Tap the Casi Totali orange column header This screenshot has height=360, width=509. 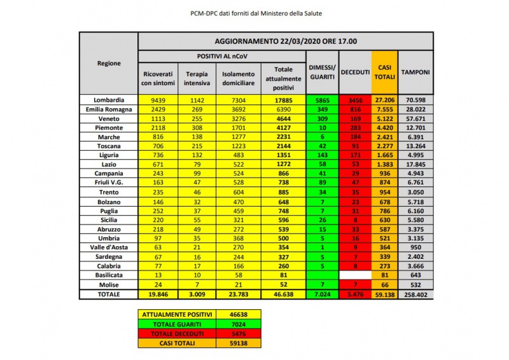pos(385,73)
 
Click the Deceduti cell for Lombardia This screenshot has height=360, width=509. pos(354,100)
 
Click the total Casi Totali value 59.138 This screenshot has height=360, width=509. pos(385,295)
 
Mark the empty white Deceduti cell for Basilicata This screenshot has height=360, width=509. pos(354,274)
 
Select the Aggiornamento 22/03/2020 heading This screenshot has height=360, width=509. pos(286,41)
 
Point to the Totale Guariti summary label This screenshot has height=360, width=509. pos(173,324)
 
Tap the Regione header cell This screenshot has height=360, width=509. pos(109,64)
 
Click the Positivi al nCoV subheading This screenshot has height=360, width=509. pos(221,57)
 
